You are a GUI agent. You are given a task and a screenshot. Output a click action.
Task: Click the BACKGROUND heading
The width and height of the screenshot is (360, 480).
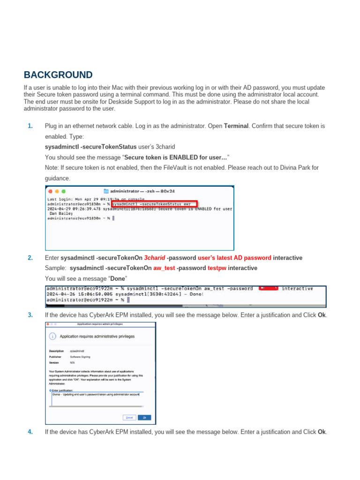pyautogui.click(x=58, y=75)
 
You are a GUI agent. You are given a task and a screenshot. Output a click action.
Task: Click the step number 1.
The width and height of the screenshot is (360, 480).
pyautogui.click(x=30, y=126)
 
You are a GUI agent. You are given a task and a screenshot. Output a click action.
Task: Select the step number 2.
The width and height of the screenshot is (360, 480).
pyautogui.click(x=30, y=258)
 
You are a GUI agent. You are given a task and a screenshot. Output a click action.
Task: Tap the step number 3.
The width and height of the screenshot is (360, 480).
pyautogui.click(x=30, y=315)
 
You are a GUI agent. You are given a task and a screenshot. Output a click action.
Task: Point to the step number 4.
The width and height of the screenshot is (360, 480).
pyautogui.click(x=30, y=432)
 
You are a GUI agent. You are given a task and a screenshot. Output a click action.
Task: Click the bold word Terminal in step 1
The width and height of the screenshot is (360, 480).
pyautogui.click(x=236, y=126)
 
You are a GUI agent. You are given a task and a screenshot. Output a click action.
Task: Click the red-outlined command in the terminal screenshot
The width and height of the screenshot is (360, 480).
pyautogui.click(x=154, y=204)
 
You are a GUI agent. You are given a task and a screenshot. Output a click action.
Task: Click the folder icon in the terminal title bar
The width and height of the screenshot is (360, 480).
pyautogui.click(x=106, y=191)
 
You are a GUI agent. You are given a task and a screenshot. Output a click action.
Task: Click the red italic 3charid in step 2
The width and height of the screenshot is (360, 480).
pyautogui.click(x=154, y=258)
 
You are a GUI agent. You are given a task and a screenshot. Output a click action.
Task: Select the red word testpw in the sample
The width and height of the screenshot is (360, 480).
pyautogui.click(x=217, y=268)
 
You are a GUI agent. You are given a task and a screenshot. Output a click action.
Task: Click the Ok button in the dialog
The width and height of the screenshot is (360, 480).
pyautogui.click(x=144, y=417)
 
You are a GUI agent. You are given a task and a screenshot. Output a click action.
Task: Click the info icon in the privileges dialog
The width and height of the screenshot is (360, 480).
pyautogui.click(x=52, y=336)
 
